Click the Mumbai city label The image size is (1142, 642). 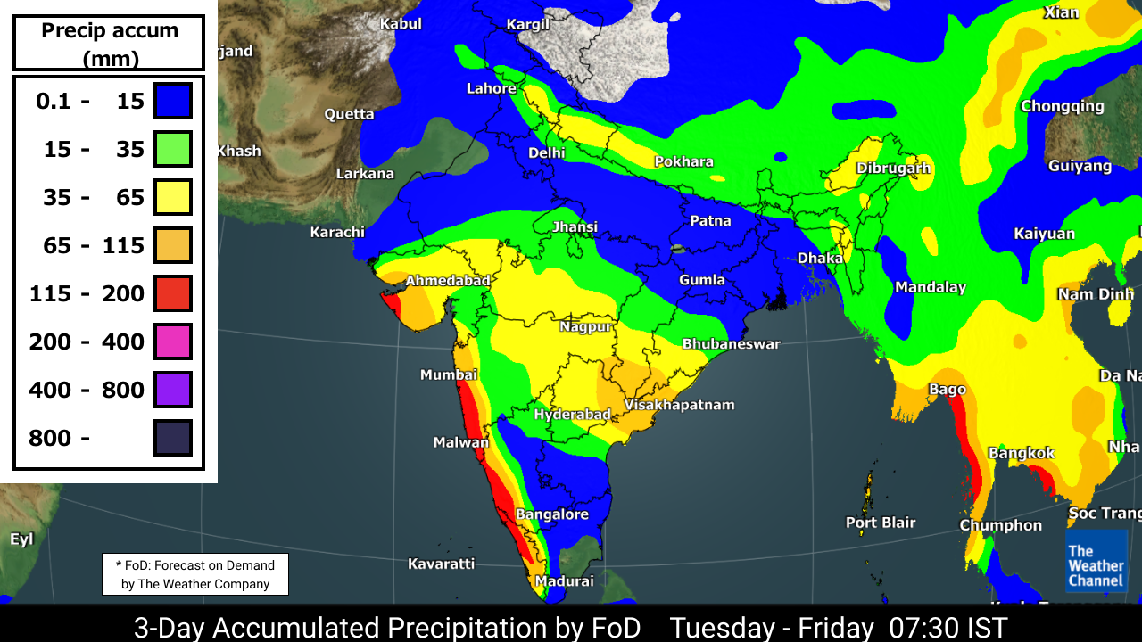[x=449, y=374]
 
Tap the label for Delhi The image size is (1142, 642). [x=546, y=152]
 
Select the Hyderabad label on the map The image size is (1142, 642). [x=572, y=415]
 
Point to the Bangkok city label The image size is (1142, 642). [x=1022, y=453]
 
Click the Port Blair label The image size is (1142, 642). [x=881, y=523]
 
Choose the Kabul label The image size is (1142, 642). [x=401, y=23]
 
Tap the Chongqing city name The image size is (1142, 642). [x=1062, y=106]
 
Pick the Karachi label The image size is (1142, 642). [x=337, y=232]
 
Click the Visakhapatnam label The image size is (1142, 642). [x=679, y=405]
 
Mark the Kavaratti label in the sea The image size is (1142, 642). [x=441, y=564]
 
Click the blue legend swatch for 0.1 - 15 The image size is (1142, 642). [x=173, y=101]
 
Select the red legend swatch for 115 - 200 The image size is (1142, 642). [x=173, y=293]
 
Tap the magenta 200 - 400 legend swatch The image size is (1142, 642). [x=173, y=342]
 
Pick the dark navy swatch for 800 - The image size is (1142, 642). [x=173, y=438]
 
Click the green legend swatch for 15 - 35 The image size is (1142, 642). [x=173, y=149]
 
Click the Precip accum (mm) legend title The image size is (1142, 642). [x=110, y=44]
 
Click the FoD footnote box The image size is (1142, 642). [x=195, y=574]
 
